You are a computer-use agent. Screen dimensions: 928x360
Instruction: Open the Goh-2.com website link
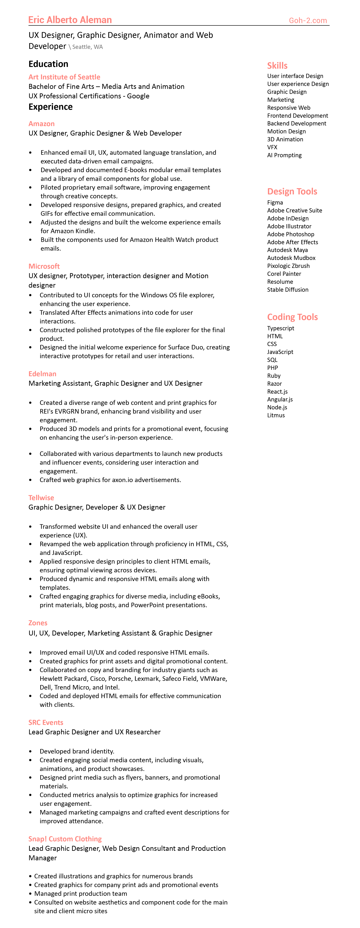(308, 21)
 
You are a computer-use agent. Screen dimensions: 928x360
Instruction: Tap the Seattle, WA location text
(87, 47)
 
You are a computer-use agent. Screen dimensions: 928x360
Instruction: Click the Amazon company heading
(41, 124)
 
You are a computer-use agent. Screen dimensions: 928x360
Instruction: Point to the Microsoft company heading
(44, 266)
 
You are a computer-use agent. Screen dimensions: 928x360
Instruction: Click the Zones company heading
(38, 623)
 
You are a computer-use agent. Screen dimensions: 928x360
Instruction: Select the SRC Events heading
(46, 722)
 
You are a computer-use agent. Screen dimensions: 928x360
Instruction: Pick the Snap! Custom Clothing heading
(65, 839)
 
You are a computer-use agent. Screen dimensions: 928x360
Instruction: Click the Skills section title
(277, 66)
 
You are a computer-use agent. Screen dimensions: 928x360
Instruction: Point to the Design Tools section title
(292, 191)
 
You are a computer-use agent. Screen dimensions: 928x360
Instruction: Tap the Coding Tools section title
(292, 317)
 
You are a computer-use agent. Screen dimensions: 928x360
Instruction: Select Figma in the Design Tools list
(275, 203)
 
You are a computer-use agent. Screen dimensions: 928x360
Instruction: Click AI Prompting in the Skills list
(284, 155)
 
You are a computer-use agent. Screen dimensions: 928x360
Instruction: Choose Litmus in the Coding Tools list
(276, 415)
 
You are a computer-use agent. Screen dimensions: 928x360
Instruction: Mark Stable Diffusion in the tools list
(288, 290)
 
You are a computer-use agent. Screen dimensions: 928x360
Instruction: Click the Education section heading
(48, 64)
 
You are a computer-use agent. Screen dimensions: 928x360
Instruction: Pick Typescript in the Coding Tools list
(280, 328)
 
